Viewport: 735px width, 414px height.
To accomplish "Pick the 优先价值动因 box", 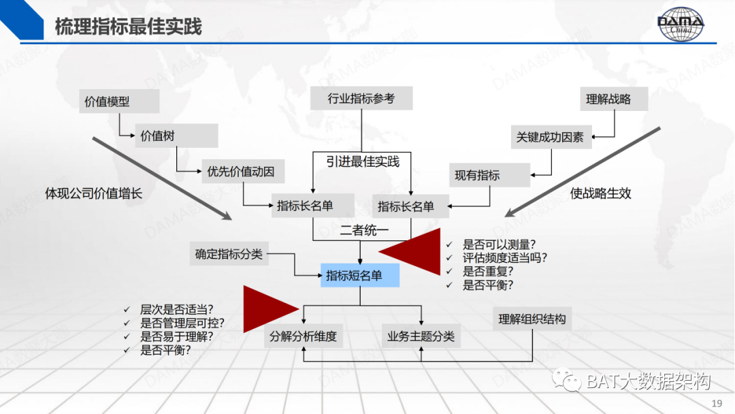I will pos(242,172).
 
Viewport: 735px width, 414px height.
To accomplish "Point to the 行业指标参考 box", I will pos(361,99).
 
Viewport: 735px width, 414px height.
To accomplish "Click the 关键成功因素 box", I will pos(551,137).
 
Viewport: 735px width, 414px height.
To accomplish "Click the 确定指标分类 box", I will pos(228,255).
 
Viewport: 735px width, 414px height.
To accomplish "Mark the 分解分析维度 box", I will pos(304,336).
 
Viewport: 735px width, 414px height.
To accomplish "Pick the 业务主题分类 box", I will pos(421,336).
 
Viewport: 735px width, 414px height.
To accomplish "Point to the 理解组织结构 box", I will pos(532,319).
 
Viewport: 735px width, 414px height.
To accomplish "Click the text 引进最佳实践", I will pos(363,161).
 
